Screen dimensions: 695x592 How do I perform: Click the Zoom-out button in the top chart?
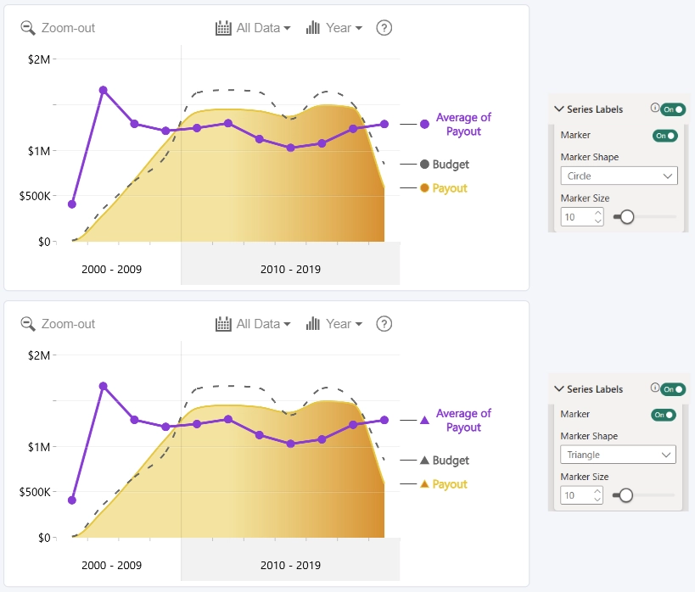tap(58, 28)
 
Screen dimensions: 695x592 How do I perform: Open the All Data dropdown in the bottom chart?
tap(253, 324)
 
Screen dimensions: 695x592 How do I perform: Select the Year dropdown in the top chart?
tap(334, 28)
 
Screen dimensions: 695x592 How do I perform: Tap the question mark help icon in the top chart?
tap(384, 28)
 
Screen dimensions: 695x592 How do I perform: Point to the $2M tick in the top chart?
tap(39, 59)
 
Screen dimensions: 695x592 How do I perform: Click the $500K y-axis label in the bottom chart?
tap(35, 492)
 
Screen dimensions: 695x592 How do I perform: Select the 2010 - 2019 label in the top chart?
tap(290, 270)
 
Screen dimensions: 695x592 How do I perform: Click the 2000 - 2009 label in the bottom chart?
tap(112, 566)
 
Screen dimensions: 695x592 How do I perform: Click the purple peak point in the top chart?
tap(104, 91)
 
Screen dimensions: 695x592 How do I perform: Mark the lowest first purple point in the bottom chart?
tap(72, 500)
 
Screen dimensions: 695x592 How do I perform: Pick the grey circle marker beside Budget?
tap(424, 165)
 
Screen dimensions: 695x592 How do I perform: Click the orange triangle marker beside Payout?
tap(424, 484)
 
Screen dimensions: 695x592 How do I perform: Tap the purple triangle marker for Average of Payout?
tap(424, 420)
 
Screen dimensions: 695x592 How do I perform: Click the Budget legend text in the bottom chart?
tap(451, 461)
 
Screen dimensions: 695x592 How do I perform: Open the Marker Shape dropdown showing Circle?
tap(619, 176)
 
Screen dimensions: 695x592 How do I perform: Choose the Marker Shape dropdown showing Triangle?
tap(618, 455)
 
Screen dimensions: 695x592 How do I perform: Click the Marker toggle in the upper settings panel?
tap(664, 136)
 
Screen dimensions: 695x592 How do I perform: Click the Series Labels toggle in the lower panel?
tap(673, 389)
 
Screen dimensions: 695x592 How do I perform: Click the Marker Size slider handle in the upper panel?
tap(627, 217)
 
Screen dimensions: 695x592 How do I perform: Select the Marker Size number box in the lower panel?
tap(581, 495)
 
